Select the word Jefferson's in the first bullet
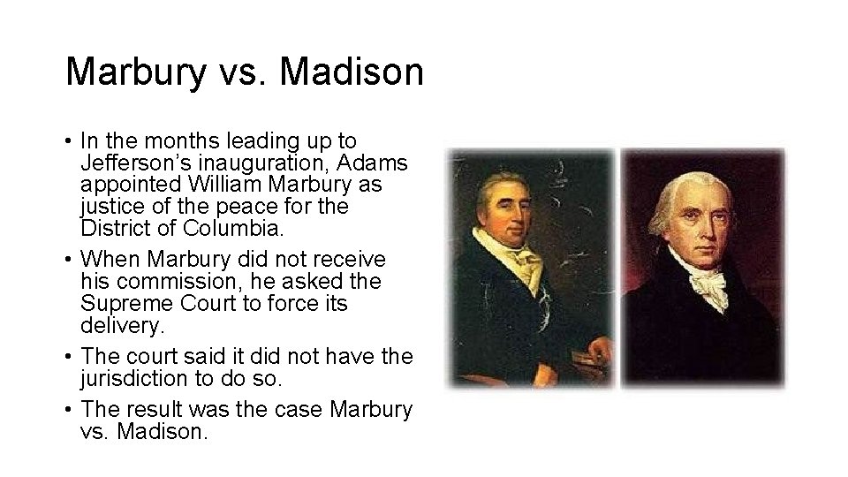129,163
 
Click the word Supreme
119,303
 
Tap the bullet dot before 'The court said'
68,357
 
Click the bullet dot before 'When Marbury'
68,261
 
